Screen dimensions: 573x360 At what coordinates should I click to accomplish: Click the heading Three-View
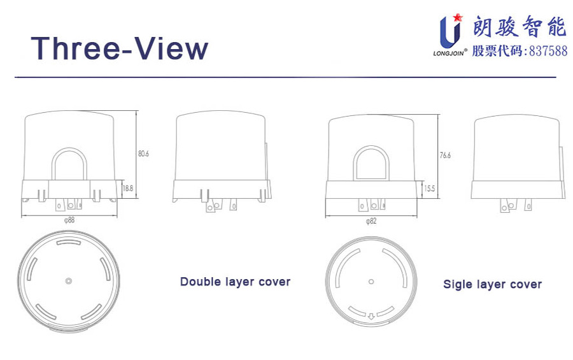120,48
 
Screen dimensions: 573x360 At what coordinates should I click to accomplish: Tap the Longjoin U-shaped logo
449,32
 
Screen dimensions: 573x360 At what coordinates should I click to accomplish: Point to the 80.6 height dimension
143,154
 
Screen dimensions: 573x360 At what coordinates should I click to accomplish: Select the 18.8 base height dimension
128,189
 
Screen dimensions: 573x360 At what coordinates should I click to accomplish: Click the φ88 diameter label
69,220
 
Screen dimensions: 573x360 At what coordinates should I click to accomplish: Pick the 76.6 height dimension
445,155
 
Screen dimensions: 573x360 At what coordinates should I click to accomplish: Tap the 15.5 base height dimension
429,189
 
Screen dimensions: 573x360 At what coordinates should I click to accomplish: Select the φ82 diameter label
371,221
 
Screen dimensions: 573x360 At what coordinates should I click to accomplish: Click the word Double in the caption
201,282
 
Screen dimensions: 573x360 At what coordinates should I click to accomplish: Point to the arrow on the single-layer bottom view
371,316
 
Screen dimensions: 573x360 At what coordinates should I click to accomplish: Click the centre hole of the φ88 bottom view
68,281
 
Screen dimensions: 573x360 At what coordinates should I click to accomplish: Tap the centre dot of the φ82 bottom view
371,282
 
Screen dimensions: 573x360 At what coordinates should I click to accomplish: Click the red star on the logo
458,17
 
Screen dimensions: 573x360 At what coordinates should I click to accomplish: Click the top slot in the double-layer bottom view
68,242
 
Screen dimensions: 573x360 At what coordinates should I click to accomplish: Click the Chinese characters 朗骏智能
520,26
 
